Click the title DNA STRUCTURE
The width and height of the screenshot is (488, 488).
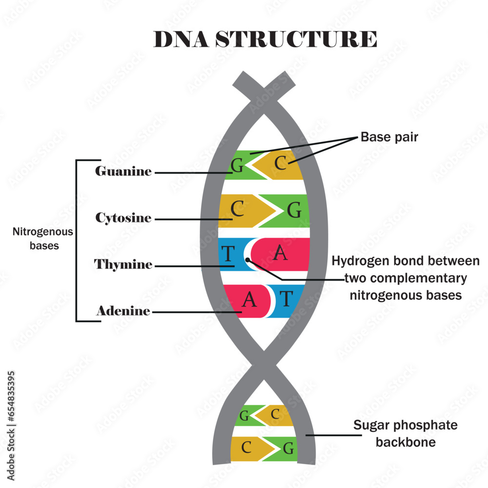(265, 39)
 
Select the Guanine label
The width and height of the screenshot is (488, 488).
(123, 172)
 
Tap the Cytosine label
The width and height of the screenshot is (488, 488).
(123, 218)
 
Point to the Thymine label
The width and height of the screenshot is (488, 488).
(123, 264)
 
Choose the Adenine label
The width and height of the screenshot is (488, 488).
(123, 311)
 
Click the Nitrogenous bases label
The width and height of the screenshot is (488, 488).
(43, 239)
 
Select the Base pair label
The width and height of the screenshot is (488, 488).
(389, 137)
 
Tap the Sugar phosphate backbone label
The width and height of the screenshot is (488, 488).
(405, 433)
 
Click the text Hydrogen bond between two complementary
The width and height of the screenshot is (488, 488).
(405, 270)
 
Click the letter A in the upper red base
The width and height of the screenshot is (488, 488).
(280, 253)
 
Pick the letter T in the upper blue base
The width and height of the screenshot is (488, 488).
(228, 254)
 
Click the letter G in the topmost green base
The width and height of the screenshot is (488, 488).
(237, 166)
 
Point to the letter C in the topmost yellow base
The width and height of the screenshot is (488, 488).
(280, 164)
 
